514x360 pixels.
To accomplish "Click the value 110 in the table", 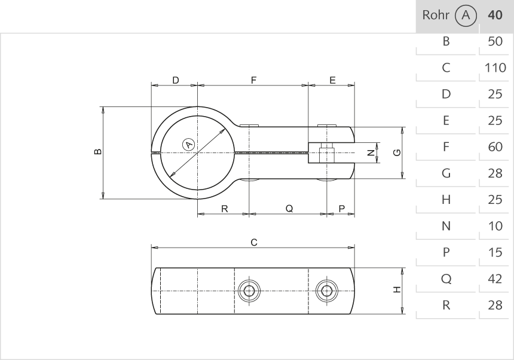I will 495,68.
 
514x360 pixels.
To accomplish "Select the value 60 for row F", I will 495,147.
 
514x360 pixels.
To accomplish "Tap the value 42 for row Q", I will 495,279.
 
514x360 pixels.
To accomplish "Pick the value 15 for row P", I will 495,252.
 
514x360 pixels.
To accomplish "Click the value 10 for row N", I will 495,226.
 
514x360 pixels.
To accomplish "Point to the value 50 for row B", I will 495,42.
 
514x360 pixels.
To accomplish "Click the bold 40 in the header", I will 495,16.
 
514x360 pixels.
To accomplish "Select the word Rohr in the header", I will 435,16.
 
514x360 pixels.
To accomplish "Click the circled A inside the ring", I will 188,145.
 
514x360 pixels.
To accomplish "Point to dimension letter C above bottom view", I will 253,242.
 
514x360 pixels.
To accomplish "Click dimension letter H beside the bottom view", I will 396,290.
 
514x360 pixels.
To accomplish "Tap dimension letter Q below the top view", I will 289,209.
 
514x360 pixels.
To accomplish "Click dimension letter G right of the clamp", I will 396,152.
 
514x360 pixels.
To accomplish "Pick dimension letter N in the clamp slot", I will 371,153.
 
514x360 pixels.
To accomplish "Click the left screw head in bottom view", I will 250,291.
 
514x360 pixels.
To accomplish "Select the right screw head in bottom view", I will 326,291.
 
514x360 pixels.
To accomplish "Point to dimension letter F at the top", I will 253,80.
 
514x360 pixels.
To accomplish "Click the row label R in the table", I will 445,305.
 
